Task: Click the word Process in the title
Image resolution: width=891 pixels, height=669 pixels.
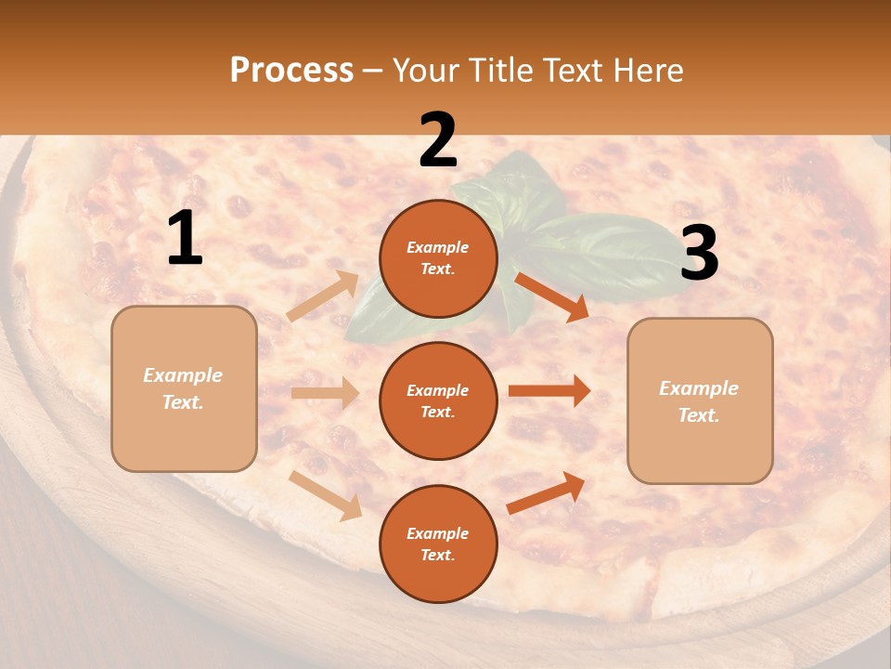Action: click(291, 70)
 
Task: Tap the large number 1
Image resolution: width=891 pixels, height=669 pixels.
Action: click(185, 239)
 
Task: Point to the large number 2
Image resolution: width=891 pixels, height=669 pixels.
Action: click(438, 140)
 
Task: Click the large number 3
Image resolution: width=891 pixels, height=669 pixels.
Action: click(699, 254)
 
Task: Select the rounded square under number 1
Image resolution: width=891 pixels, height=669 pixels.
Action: click(184, 388)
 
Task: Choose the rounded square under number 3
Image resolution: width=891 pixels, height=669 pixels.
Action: click(700, 400)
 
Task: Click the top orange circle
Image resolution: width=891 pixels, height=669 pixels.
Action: click(438, 258)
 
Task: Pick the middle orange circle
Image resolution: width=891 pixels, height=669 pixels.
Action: click(438, 400)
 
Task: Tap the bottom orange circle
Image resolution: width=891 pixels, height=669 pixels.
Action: click(438, 544)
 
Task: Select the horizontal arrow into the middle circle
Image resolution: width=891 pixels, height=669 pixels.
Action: click(325, 393)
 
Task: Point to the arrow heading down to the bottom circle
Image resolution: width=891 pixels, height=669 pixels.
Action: click(326, 494)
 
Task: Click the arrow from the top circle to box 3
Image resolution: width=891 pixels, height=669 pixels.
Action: click(551, 296)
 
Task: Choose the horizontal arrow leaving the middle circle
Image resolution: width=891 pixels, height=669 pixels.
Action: click(549, 391)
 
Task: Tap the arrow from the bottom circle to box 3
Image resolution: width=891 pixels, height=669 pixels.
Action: click(547, 492)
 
